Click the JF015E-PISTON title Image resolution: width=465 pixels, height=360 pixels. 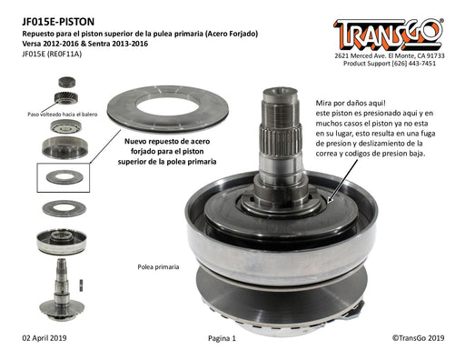click(x=58, y=22)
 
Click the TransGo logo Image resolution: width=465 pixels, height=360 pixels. click(x=389, y=35)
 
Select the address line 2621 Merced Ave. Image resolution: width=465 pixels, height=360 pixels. click(x=390, y=55)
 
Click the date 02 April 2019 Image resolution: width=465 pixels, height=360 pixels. click(x=45, y=338)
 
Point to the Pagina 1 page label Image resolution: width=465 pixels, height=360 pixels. click(x=222, y=338)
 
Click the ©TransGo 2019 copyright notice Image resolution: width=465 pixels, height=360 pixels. click(x=419, y=338)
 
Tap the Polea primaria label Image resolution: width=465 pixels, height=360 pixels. click(x=158, y=267)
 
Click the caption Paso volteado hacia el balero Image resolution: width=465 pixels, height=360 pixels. click(x=63, y=115)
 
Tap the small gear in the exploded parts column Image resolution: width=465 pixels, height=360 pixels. click(x=66, y=97)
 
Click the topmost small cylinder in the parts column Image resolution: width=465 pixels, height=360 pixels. click(x=66, y=82)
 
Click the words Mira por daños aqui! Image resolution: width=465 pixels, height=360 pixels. click(x=351, y=103)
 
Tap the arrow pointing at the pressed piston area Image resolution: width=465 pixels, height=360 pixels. click(x=343, y=181)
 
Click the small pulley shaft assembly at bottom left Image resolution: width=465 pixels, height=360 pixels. click(x=62, y=290)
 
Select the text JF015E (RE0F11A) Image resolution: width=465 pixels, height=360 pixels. click(x=52, y=54)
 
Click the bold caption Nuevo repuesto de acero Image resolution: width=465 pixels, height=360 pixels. click(x=167, y=141)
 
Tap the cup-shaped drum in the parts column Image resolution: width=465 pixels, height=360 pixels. click(x=64, y=147)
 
